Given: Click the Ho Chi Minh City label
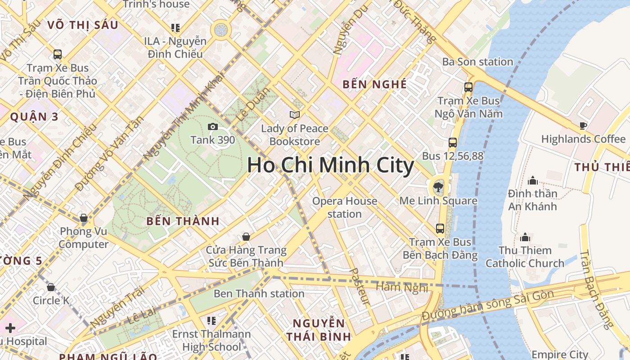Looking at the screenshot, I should [x=330, y=165].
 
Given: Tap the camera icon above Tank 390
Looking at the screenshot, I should [x=213, y=127].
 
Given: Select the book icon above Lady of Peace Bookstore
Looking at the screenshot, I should [x=295, y=115].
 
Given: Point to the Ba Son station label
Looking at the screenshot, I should [x=477, y=62].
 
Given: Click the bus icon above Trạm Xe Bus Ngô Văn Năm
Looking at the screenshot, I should [x=468, y=87].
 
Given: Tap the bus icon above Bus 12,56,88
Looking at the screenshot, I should [x=453, y=143].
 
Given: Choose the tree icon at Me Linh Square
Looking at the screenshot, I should [x=437, y=187].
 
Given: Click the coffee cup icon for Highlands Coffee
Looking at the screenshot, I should [x=583, y=126].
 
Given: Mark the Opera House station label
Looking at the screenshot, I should [x=345, y=207].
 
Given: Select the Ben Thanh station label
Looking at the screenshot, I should [x=259, y=294].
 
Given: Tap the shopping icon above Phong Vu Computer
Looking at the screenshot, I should [x=84, y=218].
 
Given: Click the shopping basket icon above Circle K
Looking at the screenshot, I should [x=51, y=287].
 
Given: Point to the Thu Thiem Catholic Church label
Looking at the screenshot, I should [x=525, y=256].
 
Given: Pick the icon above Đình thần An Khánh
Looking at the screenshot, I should [x=533, y=180].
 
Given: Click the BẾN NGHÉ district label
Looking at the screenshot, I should [x=374, y=85].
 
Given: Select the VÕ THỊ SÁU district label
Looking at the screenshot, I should [x=82, y=25].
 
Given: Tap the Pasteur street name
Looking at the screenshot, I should [x=360, y=287].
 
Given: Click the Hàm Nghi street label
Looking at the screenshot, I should [x=401, y=287].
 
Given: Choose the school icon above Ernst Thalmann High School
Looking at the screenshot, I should [x=211, y=321].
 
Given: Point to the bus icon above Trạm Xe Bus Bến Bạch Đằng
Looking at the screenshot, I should [x=440, y=229].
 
